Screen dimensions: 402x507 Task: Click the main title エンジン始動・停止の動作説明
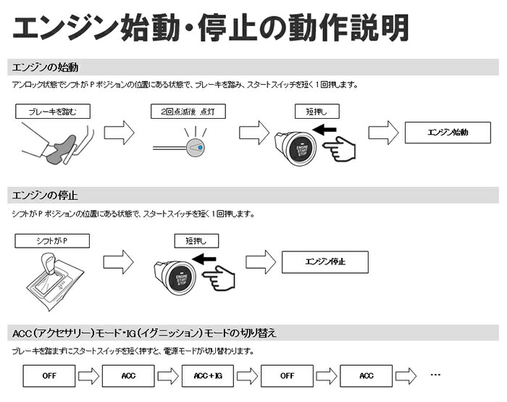coord(210,28)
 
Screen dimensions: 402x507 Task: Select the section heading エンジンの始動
coord(45,68)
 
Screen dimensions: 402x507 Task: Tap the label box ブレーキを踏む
coord(51,112)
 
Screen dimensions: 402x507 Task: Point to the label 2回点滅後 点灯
coord(188,112)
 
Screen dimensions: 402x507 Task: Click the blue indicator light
coord(198,147)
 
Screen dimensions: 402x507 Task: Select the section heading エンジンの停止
coord(45,196)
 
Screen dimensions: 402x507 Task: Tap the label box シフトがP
coord(51,240)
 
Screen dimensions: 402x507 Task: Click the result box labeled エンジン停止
coord(324,261)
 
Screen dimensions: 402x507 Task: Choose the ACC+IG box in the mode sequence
coord(208,376)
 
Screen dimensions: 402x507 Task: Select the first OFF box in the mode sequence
coord(49,376)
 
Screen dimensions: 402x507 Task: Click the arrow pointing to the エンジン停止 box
coord(261,262)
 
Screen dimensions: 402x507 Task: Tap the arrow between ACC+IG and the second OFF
coord(248,376)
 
